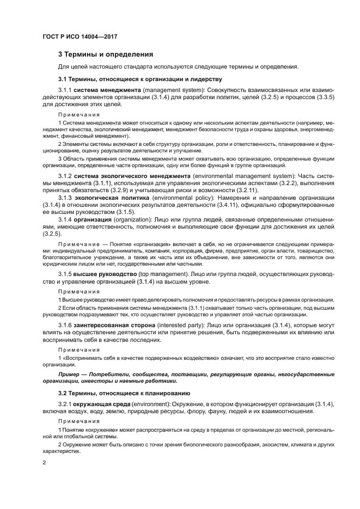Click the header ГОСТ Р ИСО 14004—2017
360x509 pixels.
pos(81,37)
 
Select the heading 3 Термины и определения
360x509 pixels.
pos(106,54)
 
